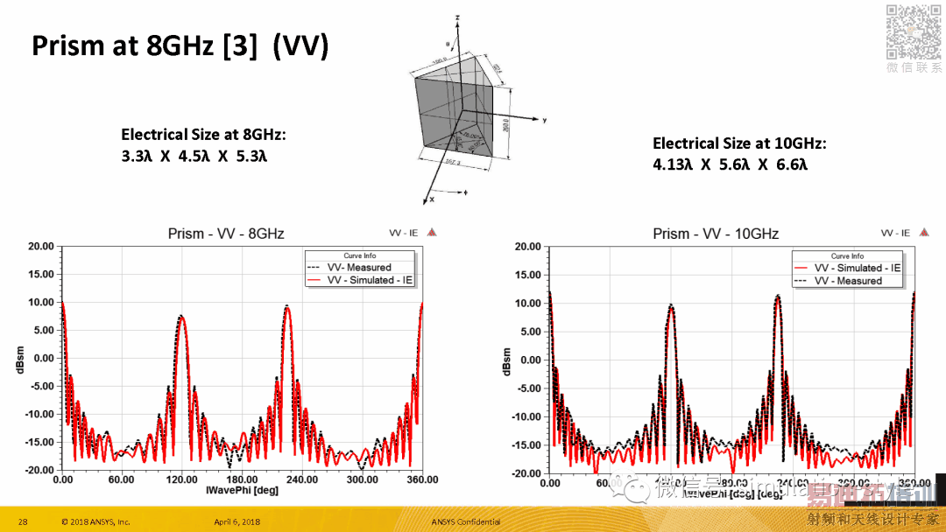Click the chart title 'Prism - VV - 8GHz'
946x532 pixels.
click(x=226, y=234)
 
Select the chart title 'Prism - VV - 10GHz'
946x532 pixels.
click(x=716, y=234)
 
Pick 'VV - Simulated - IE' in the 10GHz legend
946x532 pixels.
click(x=857, y=268)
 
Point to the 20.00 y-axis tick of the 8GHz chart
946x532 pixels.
click(x=40, y=247)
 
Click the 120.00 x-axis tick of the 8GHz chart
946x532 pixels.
click(x=182, y=479)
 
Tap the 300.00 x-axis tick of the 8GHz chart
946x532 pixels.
click(x=362, y=479)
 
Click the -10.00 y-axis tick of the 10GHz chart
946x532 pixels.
click(x=527, y=417)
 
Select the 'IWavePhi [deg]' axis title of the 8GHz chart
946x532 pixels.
click(x=242, y=490)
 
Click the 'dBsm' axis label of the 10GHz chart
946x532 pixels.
click(x=507, y=361)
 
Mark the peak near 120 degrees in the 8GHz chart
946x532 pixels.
click(x=180, y=318)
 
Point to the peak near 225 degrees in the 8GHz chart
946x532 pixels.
click(x=286, y=307)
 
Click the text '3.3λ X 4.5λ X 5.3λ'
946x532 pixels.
click(x=194, y=157)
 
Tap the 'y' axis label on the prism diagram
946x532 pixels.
click(x=544, y=119)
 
